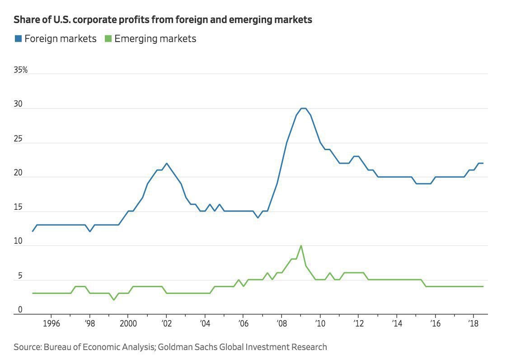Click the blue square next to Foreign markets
[x=18, y=39]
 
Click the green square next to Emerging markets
[x=108, y=39]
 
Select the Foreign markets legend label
[x=60, y=39]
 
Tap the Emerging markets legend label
[x=155, y=39]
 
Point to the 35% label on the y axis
[x=21, y=70]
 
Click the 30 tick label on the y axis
[x=19, y=104]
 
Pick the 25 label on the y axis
[x=19, y=139]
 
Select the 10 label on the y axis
[x=18, y=242]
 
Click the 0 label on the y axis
[x=20, y=310]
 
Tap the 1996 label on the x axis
[x=51, y=325]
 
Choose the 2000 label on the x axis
[x=128, y=325]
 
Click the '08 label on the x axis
[x=281, y=325]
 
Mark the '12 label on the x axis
[x=358, y=325]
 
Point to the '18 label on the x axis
[x=473, y=325]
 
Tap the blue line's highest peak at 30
[x=304, y=109]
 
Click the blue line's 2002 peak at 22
[x=166, y=163]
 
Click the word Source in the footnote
[x=27, y=347]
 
